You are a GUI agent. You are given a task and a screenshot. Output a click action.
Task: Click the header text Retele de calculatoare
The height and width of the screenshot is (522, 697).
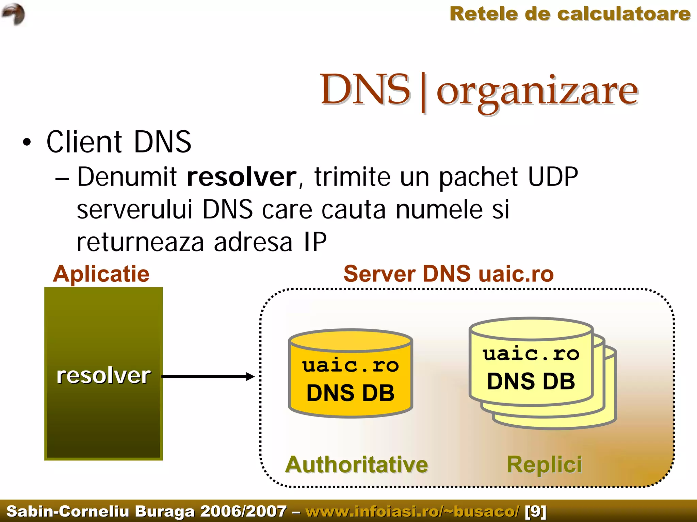pos(570,14)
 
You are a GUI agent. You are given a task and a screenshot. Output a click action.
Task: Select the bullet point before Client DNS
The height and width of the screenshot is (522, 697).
pos(27,142)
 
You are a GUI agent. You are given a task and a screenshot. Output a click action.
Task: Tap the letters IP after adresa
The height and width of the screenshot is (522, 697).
pos(315,242)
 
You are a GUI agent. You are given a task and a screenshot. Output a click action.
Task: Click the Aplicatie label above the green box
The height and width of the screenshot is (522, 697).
pos(101,274)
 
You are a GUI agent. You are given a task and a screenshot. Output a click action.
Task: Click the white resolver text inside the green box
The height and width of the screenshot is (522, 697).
pos(103,376)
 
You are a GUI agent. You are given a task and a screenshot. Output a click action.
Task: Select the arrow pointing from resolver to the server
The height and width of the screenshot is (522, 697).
pos(208,376)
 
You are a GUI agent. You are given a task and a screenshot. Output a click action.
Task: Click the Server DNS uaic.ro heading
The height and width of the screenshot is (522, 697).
pos(448,274)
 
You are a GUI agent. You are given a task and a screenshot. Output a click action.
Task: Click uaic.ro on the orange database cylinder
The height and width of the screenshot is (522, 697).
pos(350,366)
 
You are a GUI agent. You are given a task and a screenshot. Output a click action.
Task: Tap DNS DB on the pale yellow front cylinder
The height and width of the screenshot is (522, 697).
pos(531,381)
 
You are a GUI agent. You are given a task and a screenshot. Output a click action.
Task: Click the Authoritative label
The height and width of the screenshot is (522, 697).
pos(356,465)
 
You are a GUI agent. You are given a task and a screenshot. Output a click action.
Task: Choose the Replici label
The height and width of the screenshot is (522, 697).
pos(544,465)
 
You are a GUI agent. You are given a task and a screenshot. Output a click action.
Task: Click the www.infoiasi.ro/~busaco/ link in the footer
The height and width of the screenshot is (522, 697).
pos(412,511)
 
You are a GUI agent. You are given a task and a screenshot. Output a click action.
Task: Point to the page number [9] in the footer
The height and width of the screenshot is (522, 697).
pos(535,511)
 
